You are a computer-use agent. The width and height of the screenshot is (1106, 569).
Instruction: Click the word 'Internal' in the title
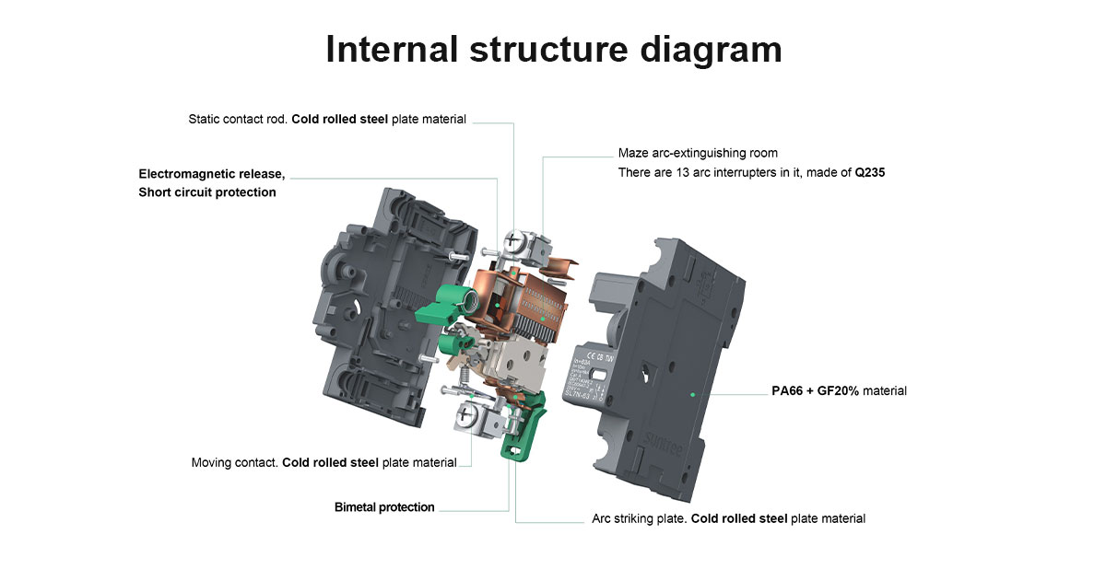390,49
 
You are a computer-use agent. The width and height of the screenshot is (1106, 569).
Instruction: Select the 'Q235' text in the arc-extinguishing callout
870,172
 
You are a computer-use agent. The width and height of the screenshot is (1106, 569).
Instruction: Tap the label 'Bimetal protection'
384,507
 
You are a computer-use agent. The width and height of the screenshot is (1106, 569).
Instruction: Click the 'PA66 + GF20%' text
815,391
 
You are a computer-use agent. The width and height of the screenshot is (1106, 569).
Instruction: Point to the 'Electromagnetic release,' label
212,174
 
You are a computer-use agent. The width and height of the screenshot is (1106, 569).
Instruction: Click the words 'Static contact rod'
238,119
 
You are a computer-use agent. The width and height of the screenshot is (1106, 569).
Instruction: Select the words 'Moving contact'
234,462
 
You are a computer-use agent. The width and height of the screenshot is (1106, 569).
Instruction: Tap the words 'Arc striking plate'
639,518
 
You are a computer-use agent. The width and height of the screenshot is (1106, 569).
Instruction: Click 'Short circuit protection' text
207,192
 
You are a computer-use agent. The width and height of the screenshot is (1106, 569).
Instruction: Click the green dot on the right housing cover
692,393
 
